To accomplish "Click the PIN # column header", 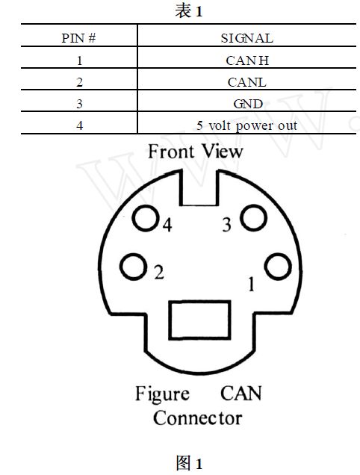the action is tap(78, 38).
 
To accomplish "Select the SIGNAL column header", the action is tap(247, 38).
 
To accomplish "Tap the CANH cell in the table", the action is tap(247, 60).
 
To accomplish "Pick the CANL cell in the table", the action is tap(247, 82).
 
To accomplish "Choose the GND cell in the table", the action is tap(248, 104).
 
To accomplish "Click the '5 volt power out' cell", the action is tap(247, 125).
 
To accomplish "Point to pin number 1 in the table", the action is tap(79, 60).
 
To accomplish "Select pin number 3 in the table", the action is tap(79, 104).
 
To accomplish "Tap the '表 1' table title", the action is tap(188, 11).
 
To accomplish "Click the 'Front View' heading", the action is tap(196, 151).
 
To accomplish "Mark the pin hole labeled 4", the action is tap(146, 218).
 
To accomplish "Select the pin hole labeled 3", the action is tap(254, 217).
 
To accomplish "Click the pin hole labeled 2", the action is tap(134, 267).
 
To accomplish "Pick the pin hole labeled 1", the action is tap(278, 267).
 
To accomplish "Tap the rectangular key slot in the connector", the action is tap(199, 320).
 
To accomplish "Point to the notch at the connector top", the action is tap(199, 187).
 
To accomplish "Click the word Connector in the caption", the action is tap(198, 418).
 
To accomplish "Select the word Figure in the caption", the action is tap(162, 394).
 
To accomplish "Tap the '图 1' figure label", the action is tap(189, 463).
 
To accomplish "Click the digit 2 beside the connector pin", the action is tap(159, 272).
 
